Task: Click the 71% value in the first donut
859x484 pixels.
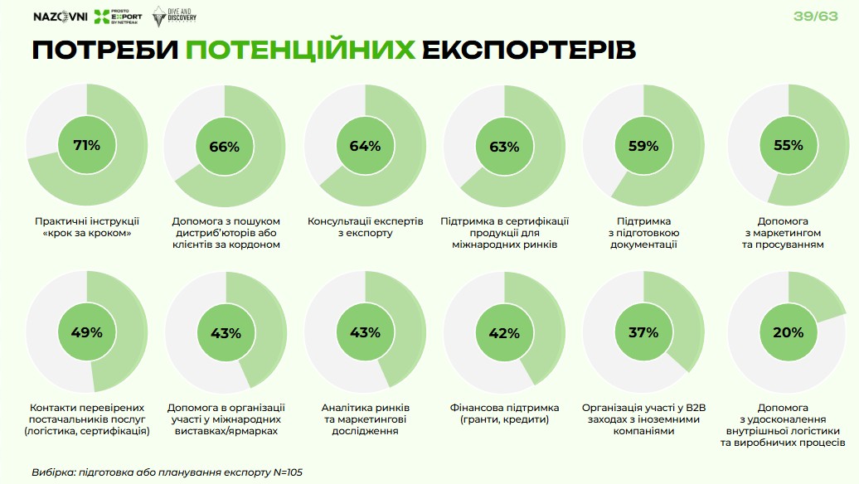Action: coord(86,146)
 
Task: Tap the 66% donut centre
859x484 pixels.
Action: coord(225,147)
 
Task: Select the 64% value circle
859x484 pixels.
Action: coord(365,147)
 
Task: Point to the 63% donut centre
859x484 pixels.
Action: coord(504,147)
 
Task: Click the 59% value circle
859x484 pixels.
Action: coord(643,147)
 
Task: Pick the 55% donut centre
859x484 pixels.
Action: coord(789,146)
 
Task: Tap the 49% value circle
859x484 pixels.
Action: coord(86,332)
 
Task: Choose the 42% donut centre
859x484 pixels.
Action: coord(504,332)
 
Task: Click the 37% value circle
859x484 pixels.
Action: coord(643,332)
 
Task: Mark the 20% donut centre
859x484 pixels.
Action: coord(789,332)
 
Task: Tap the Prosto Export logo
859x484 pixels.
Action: coord(119,17)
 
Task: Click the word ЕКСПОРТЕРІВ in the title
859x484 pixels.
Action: coord(529,51)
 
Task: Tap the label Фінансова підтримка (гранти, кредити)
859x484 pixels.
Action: coord(504,414)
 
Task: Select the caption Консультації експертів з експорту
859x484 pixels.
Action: coord(365,227)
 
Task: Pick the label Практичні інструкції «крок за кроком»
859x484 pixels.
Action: coord(87,227)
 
